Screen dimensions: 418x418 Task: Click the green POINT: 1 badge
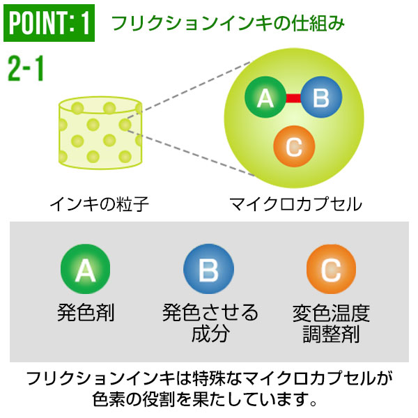[49, 23]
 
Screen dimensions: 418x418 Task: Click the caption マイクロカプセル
[295, 204]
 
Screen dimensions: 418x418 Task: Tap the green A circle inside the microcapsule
[265, 98]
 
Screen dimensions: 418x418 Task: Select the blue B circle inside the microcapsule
[320, 98]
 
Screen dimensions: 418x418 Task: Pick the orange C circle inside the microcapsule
[294, 146]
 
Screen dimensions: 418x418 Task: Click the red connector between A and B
[293, 98]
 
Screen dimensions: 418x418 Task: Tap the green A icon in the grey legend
[85, 268]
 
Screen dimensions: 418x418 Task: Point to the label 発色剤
[86, 311]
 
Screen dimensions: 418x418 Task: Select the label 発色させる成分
[210, 322]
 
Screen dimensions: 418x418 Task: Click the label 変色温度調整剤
[331, 323]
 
